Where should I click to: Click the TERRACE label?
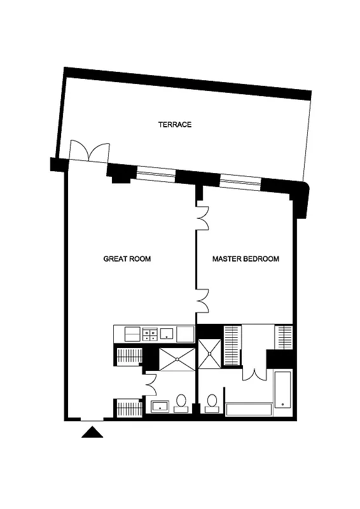pyautogui.click(x=175, y=125)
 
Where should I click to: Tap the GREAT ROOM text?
pyautogui.click(x=127, y=259)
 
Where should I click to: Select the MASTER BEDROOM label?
pyautogui.click(x=246, y=259)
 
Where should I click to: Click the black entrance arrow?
pyautogui.click(x=93, y=433)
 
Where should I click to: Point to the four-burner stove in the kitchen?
pyautogui.click(x=150, y=334)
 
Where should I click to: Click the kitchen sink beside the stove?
pyautogui.click(x=167, y=333)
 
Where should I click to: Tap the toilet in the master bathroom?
pyautogui.click(x=212, y=403)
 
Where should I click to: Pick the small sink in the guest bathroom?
pyautogui.click(x=158, y=406)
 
